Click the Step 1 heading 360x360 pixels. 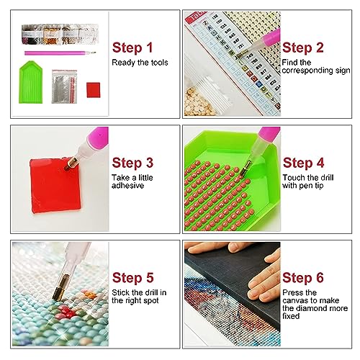coord(132,48)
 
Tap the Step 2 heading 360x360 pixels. coord(303,48)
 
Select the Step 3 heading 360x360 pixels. coord(132,163)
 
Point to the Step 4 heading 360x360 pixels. coord(303,163)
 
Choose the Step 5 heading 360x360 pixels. coord(132,278)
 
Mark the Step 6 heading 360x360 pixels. coord(303,278)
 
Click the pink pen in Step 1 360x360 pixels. coord(60,53)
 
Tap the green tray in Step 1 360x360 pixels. coord(31,82)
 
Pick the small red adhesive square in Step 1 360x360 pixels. coord(94,90)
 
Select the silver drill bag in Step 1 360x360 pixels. coord(64,86)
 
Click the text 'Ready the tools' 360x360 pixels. coord(140,63)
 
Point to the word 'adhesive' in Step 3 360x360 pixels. coord(127,186)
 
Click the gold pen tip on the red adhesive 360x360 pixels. coord(71,164)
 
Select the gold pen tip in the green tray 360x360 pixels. coord(246,168)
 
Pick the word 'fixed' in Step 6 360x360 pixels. coord(291,316)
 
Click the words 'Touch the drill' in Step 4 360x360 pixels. coord(308,178)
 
